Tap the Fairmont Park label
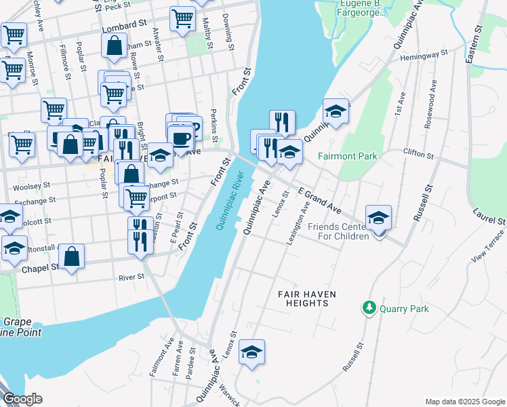[x=348, y=156]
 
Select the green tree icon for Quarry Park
[x=369, y=308]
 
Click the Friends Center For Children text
[x=339, y=231]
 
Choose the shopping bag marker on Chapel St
[x=71, y=257]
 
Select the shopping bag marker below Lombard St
[x=115, y=47]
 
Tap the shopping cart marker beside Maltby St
[x=182, y=19]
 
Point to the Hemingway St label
[x=424, y=55]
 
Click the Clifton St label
[x=418, y=154]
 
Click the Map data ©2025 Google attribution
[x=464, y=402]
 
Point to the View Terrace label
[x=491, y=249]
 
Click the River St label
[x=131, y=277]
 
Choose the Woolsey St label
[x=33, y=185]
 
